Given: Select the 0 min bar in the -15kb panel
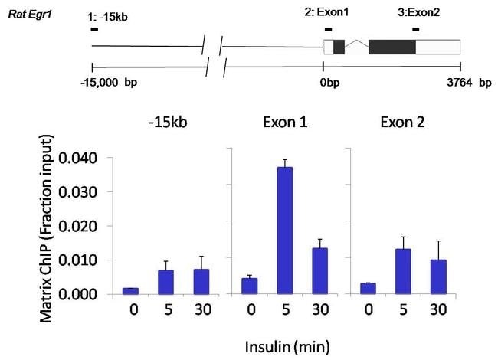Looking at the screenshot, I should tap(131, 291).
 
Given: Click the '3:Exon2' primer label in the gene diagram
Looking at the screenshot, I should tap(418, 13).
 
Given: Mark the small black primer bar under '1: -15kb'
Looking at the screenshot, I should tap(93, 29).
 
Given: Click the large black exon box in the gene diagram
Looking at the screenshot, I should tap(392, 47).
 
